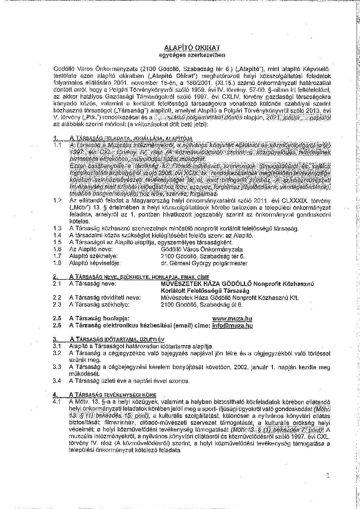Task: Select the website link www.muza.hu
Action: [232, 319]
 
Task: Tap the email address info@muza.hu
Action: [232, 325]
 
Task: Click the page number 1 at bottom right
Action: [327, 475]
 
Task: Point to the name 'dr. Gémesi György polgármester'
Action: [204, 263]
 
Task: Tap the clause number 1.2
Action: [57, 201]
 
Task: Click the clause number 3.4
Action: [57, 380]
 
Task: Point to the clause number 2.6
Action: [57, 325]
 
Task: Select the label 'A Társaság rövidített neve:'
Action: [105, 298]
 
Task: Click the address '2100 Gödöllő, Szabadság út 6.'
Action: [201, 305]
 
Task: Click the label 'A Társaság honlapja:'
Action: [99, 319]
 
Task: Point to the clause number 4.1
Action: [57, 402]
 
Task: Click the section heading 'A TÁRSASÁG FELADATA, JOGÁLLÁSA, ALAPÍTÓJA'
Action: [131, 138]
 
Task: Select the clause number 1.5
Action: [57, 242]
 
